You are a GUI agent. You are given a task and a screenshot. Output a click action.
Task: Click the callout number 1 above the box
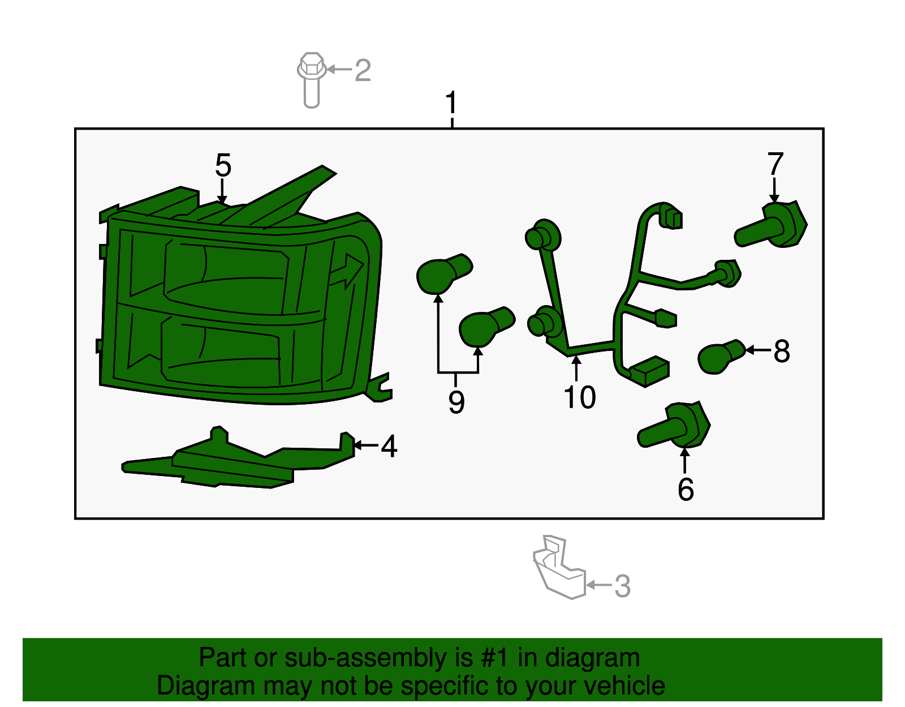click(x=451, y=104)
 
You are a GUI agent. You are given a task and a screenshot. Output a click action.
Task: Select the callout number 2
click(x=363, y=70)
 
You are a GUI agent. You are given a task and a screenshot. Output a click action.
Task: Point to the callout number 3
click(x=622, y=586)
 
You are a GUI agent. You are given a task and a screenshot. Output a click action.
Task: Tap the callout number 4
click(x=389, y=446)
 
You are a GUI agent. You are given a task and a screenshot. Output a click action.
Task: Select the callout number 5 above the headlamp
click(x=223, y=165)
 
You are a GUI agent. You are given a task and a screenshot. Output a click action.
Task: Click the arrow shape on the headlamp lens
click(x=347, y=271)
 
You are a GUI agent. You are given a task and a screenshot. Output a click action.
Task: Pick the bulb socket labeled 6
click(x=676, y=427)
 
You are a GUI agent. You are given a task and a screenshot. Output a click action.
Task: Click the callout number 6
click(x=686, y=490)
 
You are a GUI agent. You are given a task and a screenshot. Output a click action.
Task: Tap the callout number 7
click(x=775, y=164)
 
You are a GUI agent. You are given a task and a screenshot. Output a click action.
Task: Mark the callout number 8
click(x=782, y=351)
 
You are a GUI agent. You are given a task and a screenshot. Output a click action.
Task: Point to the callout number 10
click(x=580, y=397)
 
